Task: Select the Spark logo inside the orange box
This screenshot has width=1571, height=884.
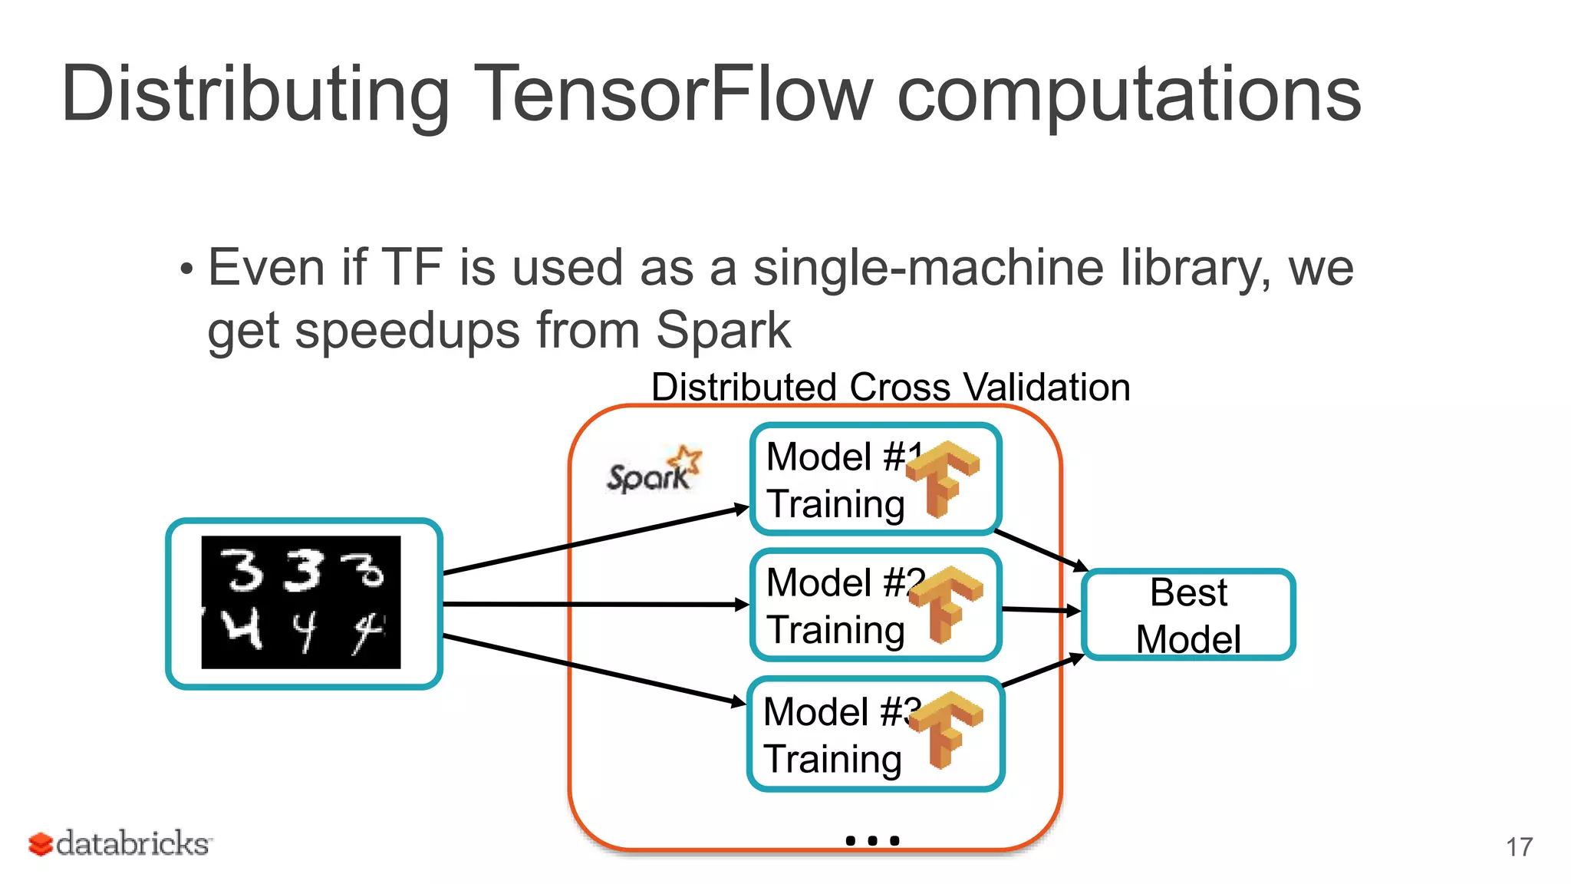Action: pyautogui.click(x=653, y=470)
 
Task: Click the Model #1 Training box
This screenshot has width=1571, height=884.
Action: pyautogui.click(x=836, y=480)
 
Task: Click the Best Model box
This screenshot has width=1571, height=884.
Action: pyautogui.click(x=1188, y=615)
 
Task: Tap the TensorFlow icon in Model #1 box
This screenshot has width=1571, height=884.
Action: pyautogui.click(x=943, y=478)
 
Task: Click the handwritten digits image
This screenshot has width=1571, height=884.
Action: pyautogui.click(x=301, y=602)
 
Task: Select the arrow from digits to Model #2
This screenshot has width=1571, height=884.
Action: pyautogui.click(x=595, y=605)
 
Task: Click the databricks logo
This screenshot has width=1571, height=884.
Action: pyautogui.click(x=120, y=843)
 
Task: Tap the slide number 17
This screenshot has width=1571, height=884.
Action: pyautogui.click(x=1519, y=847)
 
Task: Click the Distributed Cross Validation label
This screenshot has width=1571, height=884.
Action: pyautogui.click(x=891, y=387)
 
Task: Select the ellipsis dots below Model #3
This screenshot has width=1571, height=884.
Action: pyautogui.click(x=872, y=841)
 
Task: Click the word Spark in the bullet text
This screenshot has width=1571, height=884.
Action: pyautogui.click(x=723, y=331)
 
